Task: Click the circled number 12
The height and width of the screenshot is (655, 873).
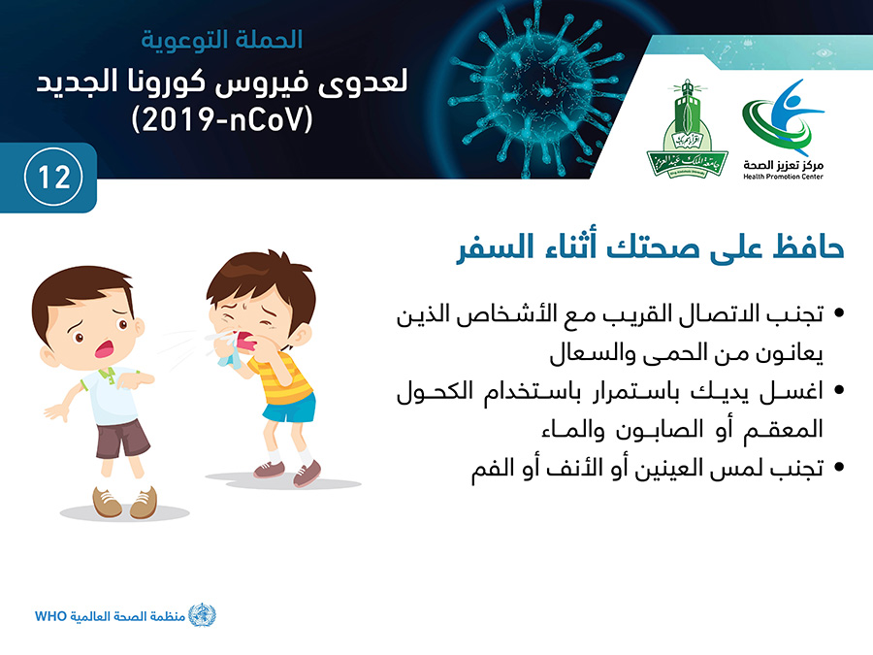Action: point(53,178)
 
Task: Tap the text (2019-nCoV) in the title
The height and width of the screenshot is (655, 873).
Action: point(222,119)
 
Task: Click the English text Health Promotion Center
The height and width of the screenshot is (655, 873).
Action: point(783,177)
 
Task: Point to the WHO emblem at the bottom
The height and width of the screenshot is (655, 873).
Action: point(202,615)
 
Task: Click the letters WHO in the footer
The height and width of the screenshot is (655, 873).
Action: point(50,616)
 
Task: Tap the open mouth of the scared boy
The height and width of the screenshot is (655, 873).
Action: point(104,349)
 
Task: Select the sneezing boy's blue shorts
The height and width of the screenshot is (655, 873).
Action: point(289,408)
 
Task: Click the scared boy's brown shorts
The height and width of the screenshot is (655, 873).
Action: point(122,439)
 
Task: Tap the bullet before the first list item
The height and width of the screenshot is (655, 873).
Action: point(839,313)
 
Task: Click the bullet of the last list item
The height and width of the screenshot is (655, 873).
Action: point(839,467)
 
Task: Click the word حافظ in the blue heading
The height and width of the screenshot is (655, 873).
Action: point(808,247)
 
